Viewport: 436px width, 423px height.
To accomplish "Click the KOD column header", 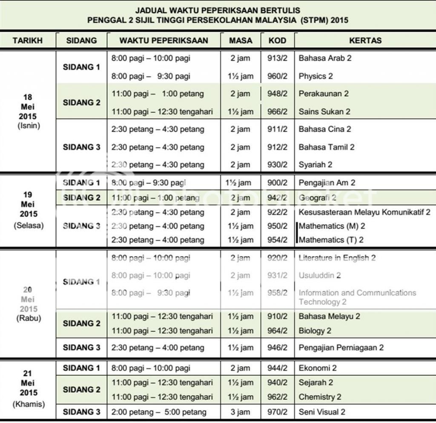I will pos(277,41).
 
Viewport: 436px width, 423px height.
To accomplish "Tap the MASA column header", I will pos(241,41).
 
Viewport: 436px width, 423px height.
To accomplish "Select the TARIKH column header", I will pos(28,41).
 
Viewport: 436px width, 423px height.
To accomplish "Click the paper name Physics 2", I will pos(316,76).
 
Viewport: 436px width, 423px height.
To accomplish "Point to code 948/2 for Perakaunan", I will pos(277,94).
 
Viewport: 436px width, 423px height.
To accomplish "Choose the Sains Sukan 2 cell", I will pos(324,112).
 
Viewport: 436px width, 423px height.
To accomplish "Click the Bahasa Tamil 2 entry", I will pos(327,147).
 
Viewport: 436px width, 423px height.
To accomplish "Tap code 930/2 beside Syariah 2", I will pos(277,164).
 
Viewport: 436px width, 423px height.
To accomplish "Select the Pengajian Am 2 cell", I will pos(327,183).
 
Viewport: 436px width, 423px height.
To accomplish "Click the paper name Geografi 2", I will pos(317,198).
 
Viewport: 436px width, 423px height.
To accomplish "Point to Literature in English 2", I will pos(337,258).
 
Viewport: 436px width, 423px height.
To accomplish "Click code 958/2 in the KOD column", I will pos(277,293).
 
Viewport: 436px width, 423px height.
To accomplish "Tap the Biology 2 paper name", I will pos(315,331).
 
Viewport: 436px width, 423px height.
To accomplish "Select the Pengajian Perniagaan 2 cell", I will pos(341,348).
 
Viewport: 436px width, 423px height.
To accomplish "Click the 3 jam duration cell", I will pos(241,412).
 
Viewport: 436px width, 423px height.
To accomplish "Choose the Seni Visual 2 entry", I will pos(322,412).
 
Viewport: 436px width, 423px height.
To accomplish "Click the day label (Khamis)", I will pos(29,404).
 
